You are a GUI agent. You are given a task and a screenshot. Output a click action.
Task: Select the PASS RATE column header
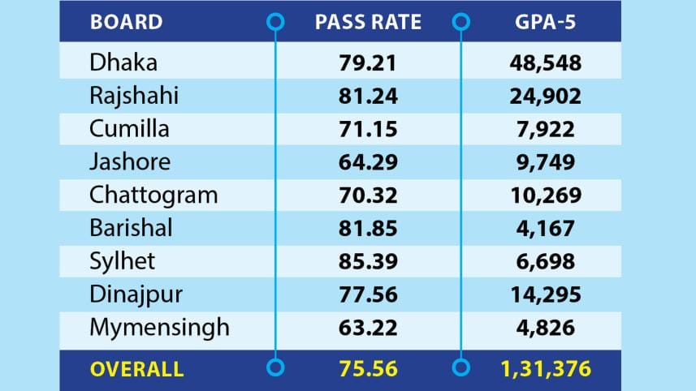[369, 22]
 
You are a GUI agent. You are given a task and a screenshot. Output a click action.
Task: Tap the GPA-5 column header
[545, 22]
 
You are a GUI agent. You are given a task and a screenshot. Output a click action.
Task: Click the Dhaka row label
[123, 62]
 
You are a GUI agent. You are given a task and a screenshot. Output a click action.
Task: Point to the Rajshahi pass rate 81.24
[369, 96]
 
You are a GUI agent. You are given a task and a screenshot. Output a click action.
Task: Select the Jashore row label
[130, 161]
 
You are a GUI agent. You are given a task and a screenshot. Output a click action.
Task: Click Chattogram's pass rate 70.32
[369, 195]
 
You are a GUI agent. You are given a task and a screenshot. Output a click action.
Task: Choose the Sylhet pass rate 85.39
[369, 261]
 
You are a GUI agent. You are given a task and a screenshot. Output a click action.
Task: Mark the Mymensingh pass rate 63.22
[369, 328]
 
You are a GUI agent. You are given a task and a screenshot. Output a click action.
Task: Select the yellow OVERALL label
[136, 369]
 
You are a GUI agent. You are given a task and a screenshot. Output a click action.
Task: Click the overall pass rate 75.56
[369, 369]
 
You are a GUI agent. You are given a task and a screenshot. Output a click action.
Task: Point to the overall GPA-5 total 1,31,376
[544, 369]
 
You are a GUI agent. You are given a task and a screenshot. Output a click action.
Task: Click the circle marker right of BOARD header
[276, 23]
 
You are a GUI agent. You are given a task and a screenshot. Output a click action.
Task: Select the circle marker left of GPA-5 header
[461, 23]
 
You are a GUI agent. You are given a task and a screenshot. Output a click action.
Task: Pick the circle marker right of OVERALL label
[276, 369]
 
